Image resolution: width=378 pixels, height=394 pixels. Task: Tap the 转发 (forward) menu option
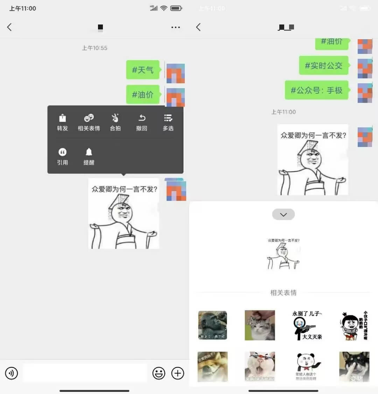[62, 122]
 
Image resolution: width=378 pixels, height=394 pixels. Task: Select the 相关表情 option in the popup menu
[89, 122]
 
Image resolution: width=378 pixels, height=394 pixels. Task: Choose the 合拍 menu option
[115, 122]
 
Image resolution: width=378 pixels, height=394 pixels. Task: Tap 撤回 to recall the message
[141, 122]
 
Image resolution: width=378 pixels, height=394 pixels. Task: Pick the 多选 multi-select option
[168, 122]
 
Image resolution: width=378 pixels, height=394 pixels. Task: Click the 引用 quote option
[62, 156]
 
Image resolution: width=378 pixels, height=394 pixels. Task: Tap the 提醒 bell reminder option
[89, 156]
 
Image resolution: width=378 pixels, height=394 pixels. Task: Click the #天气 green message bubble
[143, 70]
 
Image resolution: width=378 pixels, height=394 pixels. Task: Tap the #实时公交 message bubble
[323, 65]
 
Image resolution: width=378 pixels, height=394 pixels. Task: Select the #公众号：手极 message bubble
[316, 90]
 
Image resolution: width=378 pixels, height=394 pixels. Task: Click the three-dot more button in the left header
[176, 27]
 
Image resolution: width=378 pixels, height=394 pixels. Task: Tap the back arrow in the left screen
[9, 27]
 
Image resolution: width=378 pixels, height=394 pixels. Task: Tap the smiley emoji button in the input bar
[159, 373]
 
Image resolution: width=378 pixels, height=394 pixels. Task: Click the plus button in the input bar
[178, 373]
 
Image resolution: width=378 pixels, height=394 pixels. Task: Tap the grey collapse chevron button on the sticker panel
[283, 214]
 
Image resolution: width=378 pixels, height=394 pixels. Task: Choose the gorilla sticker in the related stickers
[212, 325]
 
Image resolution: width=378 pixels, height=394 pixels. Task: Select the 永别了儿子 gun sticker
[307, 325]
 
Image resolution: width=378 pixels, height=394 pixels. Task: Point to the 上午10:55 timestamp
[94, 48]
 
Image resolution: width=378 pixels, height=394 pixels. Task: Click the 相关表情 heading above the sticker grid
[283, 293]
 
